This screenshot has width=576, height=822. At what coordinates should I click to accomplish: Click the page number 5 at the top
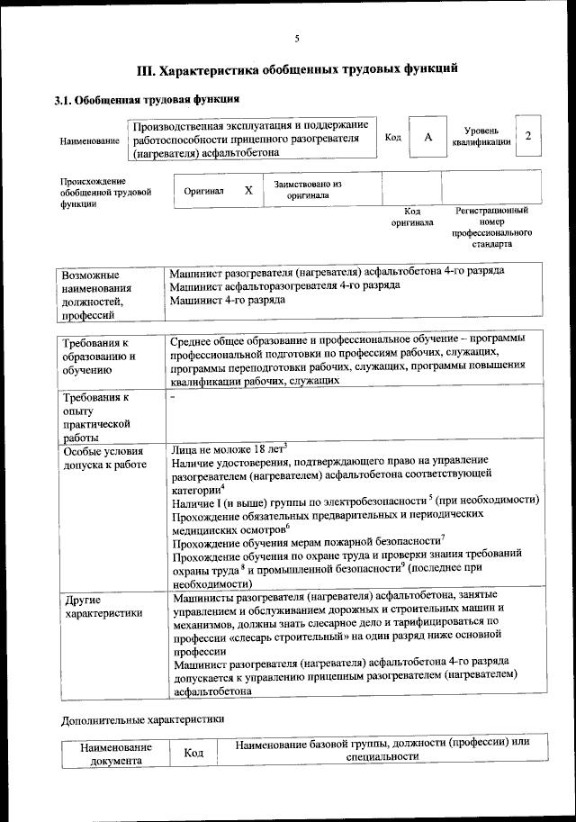(x=296, y=38)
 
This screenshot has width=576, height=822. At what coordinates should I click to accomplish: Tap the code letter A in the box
(x=428, y=137)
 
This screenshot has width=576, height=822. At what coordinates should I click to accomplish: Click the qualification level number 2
(x=528, y=136)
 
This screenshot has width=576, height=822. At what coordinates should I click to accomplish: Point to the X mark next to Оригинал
(x=248, y=191)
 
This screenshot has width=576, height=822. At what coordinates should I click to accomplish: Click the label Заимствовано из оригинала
(x=309, y=189)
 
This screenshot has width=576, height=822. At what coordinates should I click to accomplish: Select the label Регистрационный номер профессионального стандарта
(x=491, y=227)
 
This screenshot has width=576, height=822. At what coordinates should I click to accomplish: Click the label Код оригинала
(x=412, y=216)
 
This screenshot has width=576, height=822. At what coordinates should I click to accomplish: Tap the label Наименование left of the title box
(x=89, y=141)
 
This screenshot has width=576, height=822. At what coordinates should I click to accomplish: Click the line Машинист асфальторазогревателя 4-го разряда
(x=284, y=285)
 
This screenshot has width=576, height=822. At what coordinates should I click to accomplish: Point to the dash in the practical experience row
(x=172, y=397)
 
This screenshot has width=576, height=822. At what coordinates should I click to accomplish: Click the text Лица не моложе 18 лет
(x=227, y=447)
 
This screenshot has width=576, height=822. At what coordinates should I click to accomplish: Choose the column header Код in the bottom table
(x=190, y=753)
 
